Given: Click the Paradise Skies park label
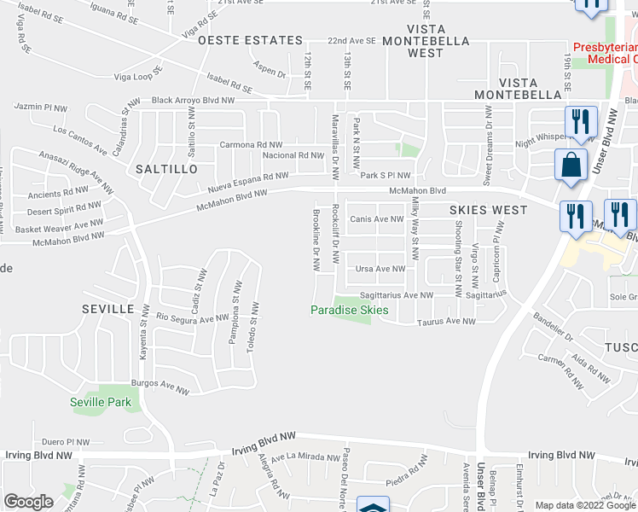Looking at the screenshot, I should tap(349, 310).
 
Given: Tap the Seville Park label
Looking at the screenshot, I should tap(107, 401).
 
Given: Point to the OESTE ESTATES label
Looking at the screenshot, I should tap(250, 40).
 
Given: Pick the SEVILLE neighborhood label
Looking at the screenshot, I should tap(108, 307).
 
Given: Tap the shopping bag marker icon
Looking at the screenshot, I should tap(570, 165).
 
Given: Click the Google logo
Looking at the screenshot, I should tap(28, 502).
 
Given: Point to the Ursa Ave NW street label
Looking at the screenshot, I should tap(380, 269).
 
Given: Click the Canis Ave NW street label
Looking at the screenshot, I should tap(376, 219).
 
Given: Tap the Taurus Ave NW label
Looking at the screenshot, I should tap(446, 322).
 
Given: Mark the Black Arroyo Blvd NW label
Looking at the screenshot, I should tap(204, 100).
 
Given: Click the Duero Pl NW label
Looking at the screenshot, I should tap(66, 442).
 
